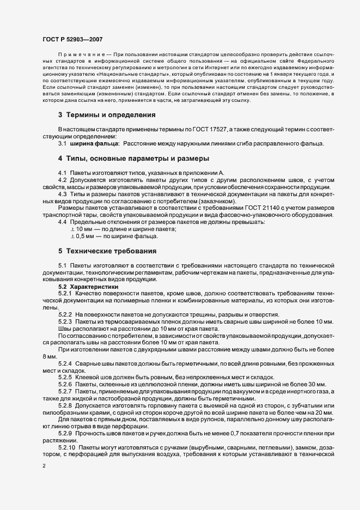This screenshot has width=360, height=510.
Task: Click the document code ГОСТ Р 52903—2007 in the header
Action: coord(73,39)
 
